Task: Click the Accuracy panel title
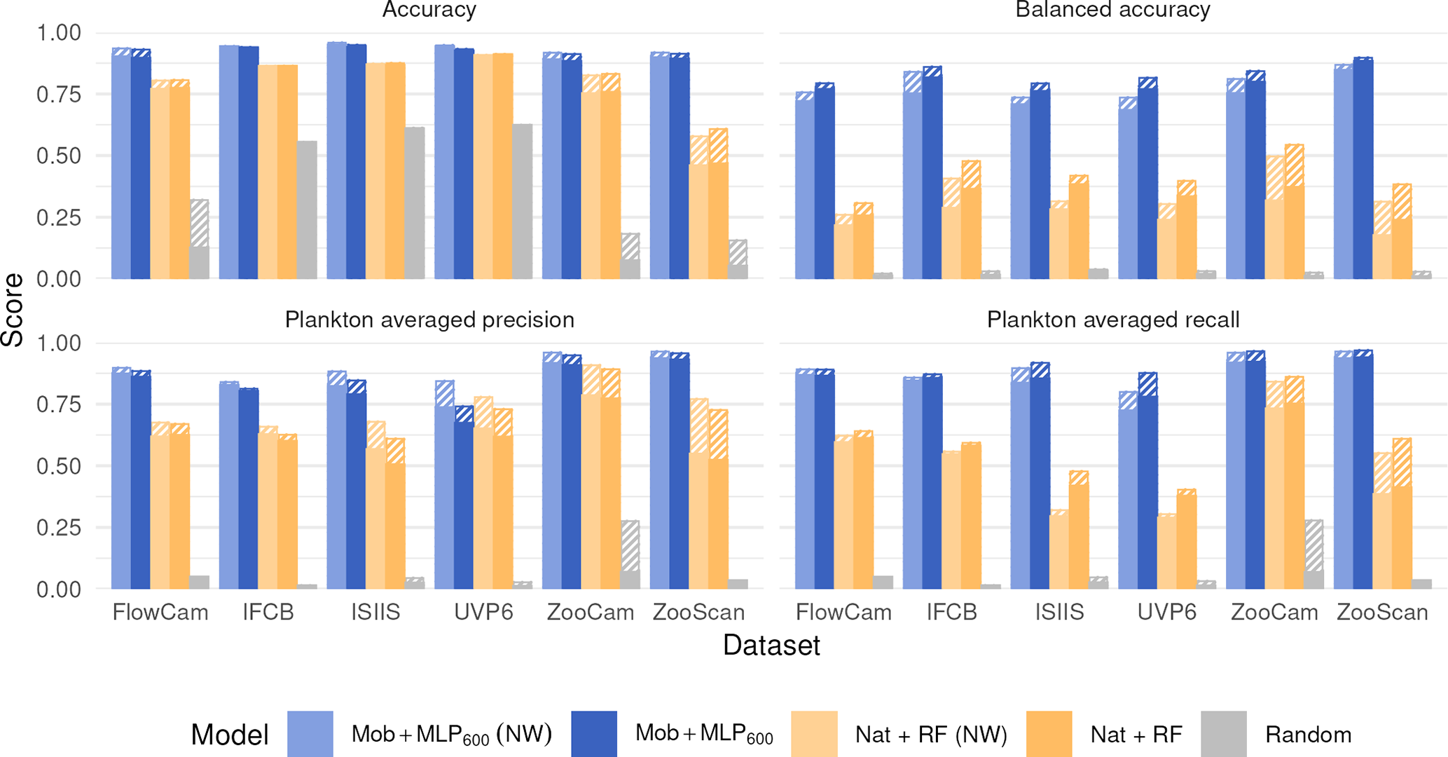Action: click(x=429, y=10)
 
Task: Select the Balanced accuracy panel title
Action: click(x=1112, y=10)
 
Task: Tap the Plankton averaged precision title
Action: click(x=429, y=320)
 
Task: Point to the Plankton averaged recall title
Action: click(x=1112, y=320)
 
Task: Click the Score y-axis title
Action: click(x=13, y=310)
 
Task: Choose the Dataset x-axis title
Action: click(x=771, y=645)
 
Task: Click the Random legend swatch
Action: click(x=1223, y=734)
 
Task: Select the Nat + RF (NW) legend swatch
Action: click(x=814, y=734)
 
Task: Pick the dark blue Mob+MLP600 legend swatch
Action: click(x=594, y=734)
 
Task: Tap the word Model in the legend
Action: click(x=230, y=735)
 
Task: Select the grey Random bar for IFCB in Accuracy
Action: click(x=307, y=210)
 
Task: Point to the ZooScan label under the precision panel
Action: click(x=698, y=613)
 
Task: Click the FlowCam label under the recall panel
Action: click(x=843, y=613)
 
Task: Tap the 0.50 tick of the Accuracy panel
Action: click(x=59, y=156)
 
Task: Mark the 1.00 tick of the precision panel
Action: click(x=59, y=343)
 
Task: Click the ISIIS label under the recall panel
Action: click(x=1059, y=613)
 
